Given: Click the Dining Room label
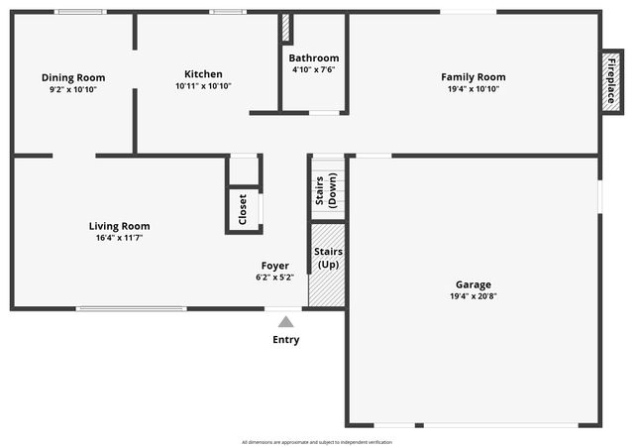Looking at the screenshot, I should pos(73,77).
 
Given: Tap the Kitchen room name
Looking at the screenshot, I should pos(203,73).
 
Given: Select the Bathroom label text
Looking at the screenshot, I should pos(313,57).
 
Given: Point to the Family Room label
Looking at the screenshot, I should pos(473,76).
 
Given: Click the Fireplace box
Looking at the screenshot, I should pos(611,81).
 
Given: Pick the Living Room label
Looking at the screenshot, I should pos(119,226).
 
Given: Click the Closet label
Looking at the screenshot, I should pos(243,208).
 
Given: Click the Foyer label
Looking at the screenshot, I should pos(274,265).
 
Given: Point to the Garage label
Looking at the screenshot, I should pos(473,284).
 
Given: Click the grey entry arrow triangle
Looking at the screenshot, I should pos(285,321).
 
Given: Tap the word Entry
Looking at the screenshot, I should pos(285,340).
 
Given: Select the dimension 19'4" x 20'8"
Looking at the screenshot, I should pos(473,296).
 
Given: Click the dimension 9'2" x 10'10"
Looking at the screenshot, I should pos(73,89).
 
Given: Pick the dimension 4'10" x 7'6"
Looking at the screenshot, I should pos(313,69).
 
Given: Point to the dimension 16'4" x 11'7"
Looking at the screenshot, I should pos(119,238).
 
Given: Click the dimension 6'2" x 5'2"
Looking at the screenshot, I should pos(274,277).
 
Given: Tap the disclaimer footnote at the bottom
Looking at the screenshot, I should pos(316,441).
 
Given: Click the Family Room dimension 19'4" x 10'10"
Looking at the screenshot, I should pos(473,88).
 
